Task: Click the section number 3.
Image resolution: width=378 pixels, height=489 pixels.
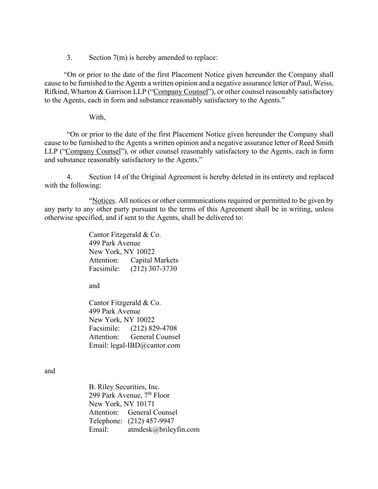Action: click(69, 58)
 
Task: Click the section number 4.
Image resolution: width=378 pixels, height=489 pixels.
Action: click(69, 177)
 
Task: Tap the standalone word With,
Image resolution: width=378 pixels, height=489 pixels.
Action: click(97, 118)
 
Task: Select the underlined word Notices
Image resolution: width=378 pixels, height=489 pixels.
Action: click(104, 201)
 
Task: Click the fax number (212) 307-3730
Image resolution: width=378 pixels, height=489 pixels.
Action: click(154, 269)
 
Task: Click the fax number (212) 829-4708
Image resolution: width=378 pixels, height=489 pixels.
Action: click(154, 328)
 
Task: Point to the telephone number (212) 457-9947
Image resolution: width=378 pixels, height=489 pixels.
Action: click(151, 421)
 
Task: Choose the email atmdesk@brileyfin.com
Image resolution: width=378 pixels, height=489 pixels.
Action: click(163, 430)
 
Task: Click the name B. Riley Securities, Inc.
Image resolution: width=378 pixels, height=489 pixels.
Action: click(124, 387)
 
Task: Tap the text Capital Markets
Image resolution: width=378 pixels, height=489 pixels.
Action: click(154, 260)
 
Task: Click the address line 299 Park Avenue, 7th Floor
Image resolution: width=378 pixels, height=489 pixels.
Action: click(129, 395)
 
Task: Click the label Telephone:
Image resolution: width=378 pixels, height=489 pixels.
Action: click(105, 421)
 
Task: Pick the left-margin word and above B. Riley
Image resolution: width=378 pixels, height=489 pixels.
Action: click(50, 371)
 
